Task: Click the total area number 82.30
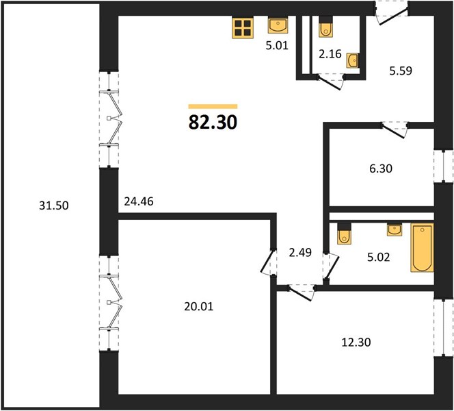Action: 213,122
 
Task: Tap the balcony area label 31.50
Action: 54,206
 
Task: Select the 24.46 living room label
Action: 139,201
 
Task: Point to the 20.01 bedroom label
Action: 198,306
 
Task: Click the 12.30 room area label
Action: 356,342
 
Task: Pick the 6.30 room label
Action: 381,169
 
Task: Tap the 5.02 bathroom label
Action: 378,257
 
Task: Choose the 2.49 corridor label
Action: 300,252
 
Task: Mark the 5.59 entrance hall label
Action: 401,71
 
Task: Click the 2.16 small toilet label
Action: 330,54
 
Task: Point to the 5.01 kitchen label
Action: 277,45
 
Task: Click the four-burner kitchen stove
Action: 243,27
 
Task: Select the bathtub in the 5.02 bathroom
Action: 422,248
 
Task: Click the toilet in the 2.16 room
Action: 325,27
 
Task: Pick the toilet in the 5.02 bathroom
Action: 345,233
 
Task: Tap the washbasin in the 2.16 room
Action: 353,60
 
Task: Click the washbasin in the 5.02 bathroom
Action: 395,229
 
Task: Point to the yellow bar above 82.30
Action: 213,106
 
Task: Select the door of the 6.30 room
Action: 394,129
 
